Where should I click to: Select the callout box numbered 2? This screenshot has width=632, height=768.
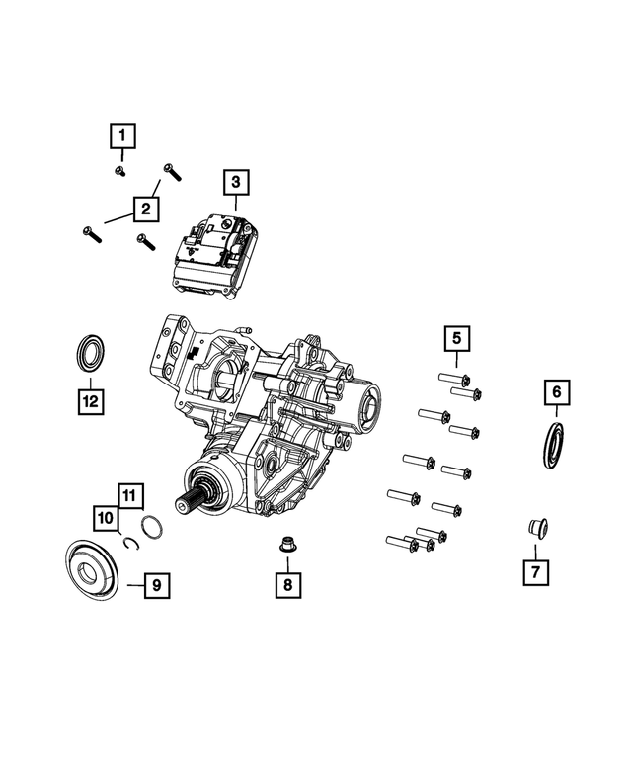144,209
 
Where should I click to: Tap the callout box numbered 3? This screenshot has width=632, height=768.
236,182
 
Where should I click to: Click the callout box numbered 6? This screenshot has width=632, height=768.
556,393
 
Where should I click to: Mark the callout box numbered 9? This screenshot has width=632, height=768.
156,585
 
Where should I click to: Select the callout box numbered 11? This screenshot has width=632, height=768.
130,493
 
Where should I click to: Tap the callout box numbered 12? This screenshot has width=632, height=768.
91,401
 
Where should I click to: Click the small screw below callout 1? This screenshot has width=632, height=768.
118,171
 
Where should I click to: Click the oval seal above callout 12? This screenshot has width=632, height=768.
89,353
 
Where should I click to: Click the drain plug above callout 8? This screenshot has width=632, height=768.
287,544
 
